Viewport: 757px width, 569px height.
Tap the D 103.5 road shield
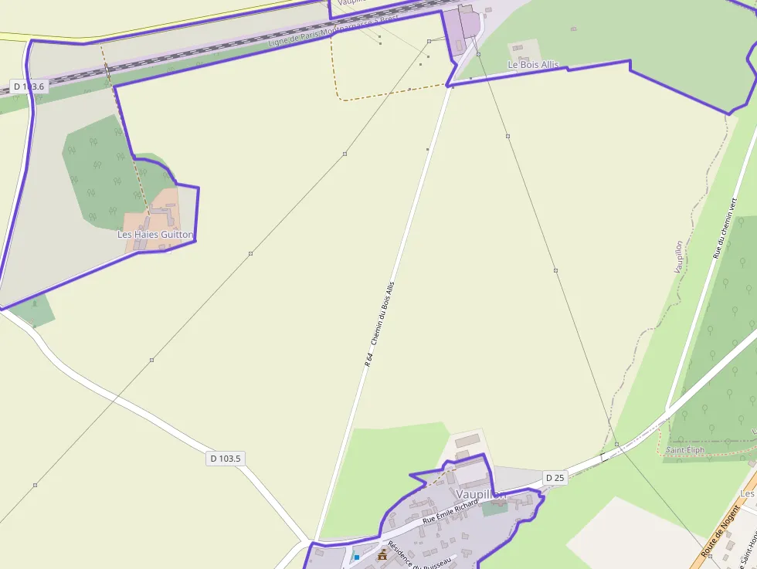click(226, 459)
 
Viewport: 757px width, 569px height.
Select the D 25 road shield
click(555, 478)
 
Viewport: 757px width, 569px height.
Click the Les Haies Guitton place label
click(155, 234)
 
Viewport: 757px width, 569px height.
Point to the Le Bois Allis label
click(532, 66)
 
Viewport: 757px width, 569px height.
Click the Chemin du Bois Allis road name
click(383, 313)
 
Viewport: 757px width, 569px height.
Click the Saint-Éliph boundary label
click(685, 449)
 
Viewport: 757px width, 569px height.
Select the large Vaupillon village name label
click(480, 493)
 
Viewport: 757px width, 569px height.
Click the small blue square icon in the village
click(357, 556)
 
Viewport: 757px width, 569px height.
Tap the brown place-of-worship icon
click(382, 554)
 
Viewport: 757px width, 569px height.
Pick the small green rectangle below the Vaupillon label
click(495, 507)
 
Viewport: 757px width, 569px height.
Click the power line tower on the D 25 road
click(616, 444)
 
